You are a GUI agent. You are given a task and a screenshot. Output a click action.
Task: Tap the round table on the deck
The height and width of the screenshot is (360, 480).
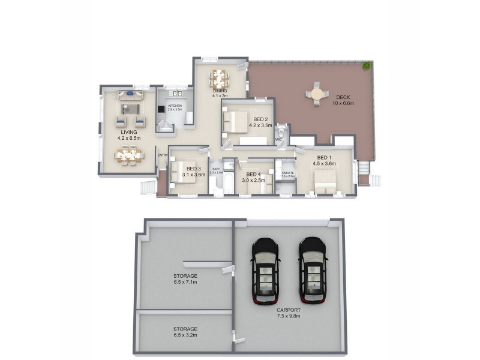317,94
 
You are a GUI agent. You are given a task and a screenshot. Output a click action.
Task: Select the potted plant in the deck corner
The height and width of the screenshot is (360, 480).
365,65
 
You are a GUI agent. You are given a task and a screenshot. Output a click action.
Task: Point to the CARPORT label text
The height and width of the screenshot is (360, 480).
289,310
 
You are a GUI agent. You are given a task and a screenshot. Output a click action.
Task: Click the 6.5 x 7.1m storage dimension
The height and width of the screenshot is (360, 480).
185,282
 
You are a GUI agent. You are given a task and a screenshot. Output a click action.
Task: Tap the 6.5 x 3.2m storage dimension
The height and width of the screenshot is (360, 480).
185,335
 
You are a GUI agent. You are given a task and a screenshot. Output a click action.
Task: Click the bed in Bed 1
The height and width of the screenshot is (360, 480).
325,181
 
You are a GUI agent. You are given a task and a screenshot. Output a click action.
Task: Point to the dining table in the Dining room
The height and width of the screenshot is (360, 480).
219,78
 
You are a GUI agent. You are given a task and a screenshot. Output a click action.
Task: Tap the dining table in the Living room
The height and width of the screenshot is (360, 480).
129,155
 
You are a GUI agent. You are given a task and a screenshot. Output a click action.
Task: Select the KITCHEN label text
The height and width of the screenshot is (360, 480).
175,106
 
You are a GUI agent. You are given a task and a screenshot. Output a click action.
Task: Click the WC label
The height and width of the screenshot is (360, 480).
278,140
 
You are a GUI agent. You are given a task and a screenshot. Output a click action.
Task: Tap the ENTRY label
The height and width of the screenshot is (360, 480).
162,156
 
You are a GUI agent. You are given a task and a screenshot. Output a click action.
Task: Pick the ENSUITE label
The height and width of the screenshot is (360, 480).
288,173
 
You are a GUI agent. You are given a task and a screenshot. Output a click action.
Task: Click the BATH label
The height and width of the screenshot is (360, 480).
216,170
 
